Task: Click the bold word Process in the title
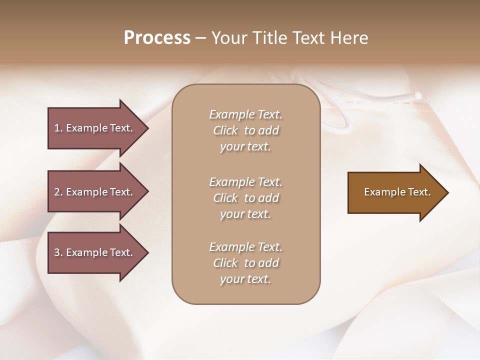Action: (157, 37)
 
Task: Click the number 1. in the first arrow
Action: (58, 128)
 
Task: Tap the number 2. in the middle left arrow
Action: (58, 192)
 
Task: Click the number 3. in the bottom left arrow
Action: (58, 252)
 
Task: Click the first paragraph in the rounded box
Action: (245, 130)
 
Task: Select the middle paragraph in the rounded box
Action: (245, 198)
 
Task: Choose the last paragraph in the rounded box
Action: (245, 263)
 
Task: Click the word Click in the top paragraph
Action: (225, 130)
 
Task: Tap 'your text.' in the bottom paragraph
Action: (245, 279)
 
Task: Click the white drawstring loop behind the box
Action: (340, 120)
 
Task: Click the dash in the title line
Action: (200, 38)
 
